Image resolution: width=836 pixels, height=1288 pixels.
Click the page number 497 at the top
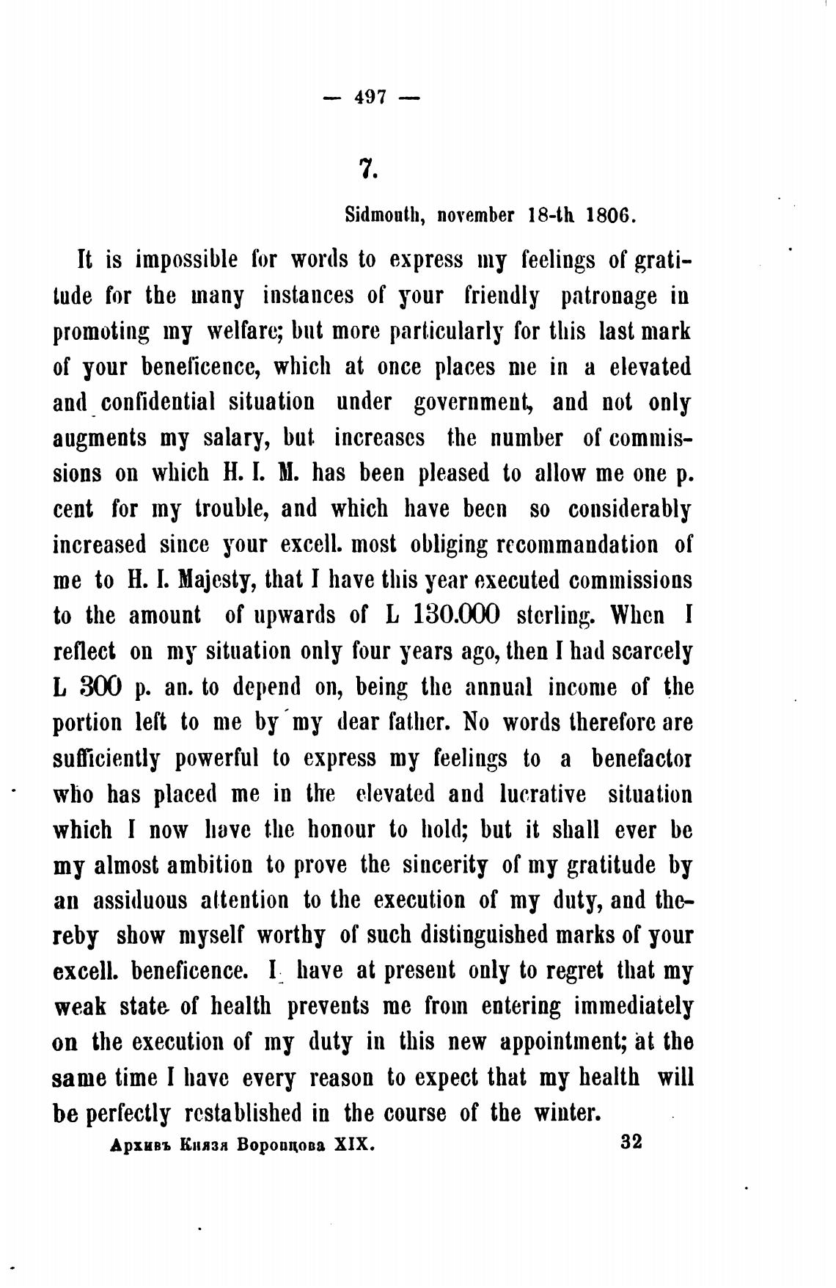point(371,97)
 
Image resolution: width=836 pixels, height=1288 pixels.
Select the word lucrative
point(542,793)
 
